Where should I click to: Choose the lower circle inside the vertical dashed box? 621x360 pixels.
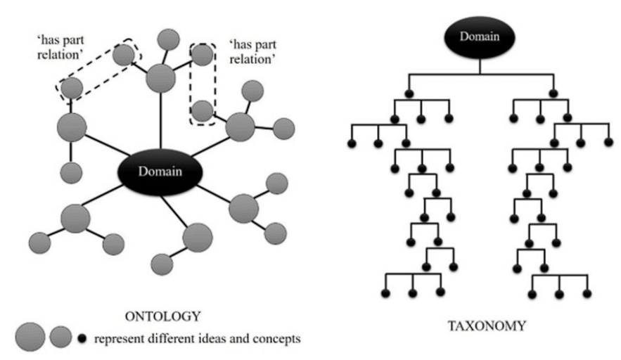pos(203,110)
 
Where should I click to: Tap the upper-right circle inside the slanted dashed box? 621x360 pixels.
pos(123,54)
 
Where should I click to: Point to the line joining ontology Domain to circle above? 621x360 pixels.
pos(162,120)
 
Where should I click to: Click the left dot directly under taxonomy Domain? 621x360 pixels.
pos(408,93)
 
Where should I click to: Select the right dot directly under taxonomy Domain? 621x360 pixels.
pos(553,93)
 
